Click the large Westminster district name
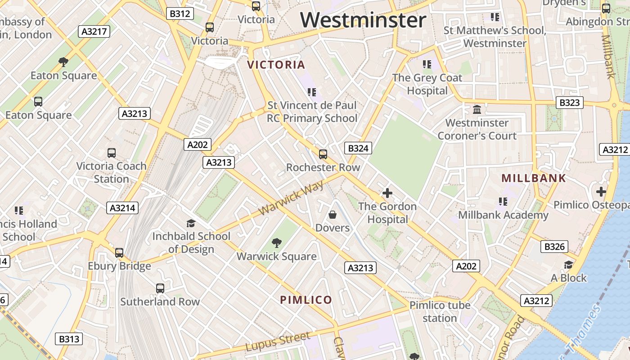click(363, 20)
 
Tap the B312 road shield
click(180, 13)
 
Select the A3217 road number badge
click(94, 31)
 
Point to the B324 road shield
click(358, 148)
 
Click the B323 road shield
click(569, 103)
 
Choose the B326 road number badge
click(554, 246)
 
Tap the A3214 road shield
click(123, 207)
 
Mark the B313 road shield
click(69, 339)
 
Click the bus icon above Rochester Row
click(323, 154)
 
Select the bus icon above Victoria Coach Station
click(112, 153)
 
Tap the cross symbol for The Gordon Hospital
click(387, 193)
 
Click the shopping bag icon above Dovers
click(333, 215)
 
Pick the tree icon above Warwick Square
click(277, 243)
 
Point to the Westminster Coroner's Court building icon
click(477, 109)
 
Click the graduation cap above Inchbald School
click(191, 223)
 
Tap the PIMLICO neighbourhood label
click(306, 300)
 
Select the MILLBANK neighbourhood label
click(534, 178)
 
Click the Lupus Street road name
click(278, 342)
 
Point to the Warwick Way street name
click(292, 198)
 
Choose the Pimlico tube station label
click(440, 311)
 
